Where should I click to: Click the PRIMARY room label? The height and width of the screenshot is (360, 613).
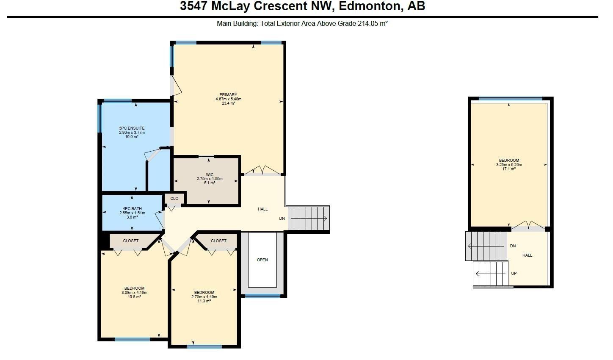228,94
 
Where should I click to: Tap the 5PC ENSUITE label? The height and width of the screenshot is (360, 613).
132,128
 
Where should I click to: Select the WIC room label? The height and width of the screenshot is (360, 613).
210,174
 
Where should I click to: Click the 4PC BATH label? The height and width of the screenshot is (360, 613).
132,208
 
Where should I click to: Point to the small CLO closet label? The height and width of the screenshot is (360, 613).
174,198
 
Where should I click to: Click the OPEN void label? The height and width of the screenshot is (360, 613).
262,260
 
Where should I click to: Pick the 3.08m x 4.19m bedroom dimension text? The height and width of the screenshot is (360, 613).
134,293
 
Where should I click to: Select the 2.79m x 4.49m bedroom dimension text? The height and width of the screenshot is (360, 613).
204,297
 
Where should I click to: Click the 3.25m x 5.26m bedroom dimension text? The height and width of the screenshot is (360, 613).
509,165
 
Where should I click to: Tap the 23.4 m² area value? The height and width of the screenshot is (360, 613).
228,103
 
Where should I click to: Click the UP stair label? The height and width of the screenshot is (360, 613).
514,273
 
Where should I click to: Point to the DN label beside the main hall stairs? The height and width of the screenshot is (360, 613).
282,219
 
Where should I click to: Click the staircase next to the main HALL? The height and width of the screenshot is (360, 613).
308,219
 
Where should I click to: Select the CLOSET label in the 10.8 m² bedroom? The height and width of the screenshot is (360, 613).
130,241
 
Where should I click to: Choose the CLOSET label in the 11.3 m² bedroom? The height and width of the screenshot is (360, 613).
218,241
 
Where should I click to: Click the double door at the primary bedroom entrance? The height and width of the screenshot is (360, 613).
262,171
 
